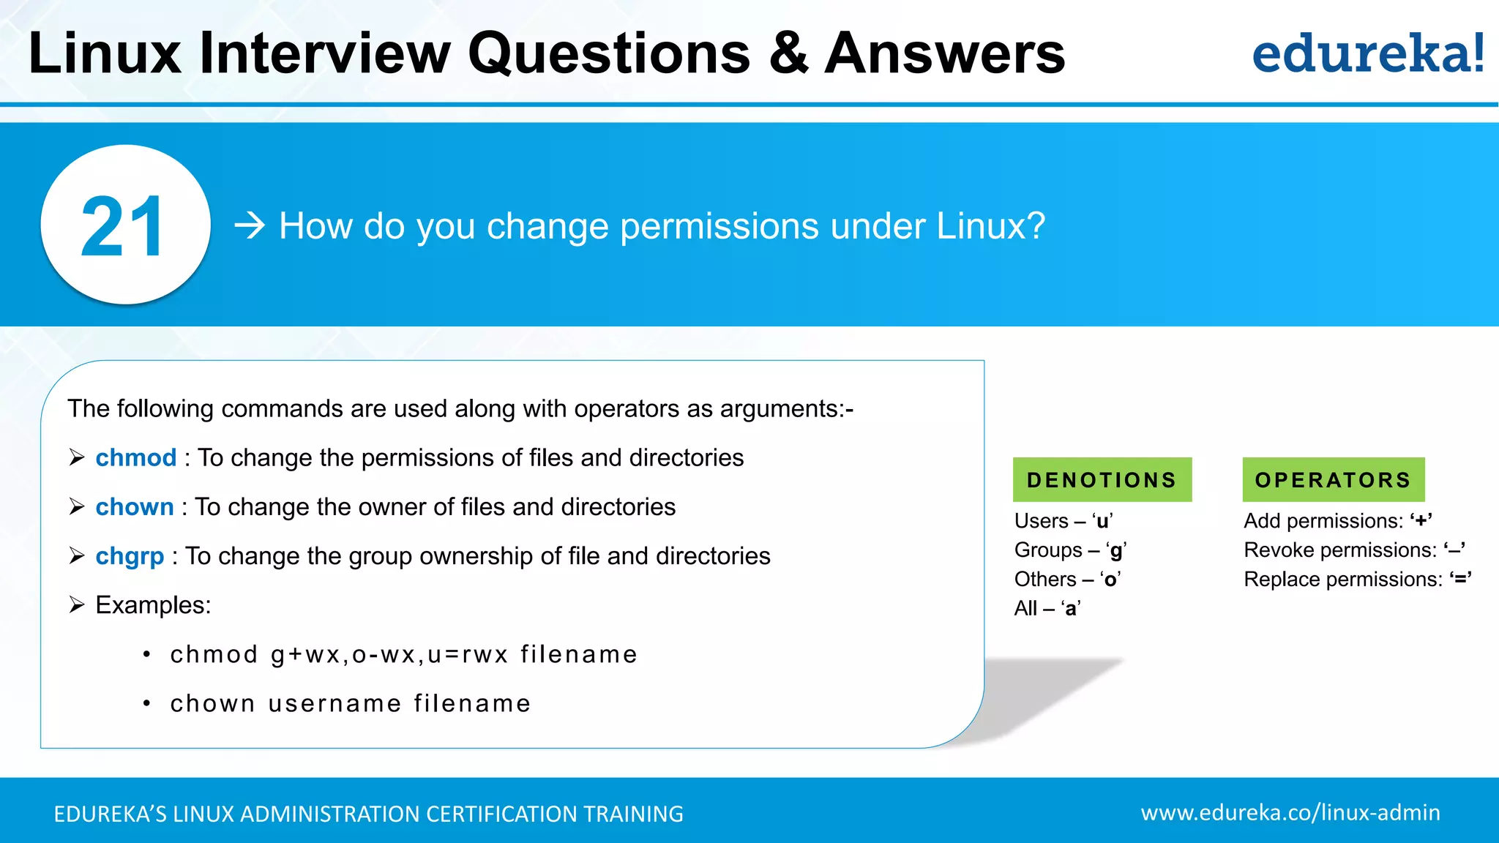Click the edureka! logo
(x=1367, y=53)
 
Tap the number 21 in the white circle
(x=122, y=227)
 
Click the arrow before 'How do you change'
(x=249, y=226)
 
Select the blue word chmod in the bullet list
(x=136, y=458)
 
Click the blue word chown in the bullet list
(x=135, y=507)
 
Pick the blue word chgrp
(x=130, y=556)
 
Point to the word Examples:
(x=153, y=605)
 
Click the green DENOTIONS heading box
(x=1102, y=480)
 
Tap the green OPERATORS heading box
(x=1333, y=480)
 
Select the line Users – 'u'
(x=1063, y=521)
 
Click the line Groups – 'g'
(x=1070, y=550)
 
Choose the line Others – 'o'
(x=1067, y=580)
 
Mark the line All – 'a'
(x=1047, y=609)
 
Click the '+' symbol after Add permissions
(x=1421, y=521)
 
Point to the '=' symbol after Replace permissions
(x=1461, y=580)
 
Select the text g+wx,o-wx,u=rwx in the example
(x=389, y=654)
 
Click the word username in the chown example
(x=334, y=703)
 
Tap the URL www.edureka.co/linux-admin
(x=1290, y=813)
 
